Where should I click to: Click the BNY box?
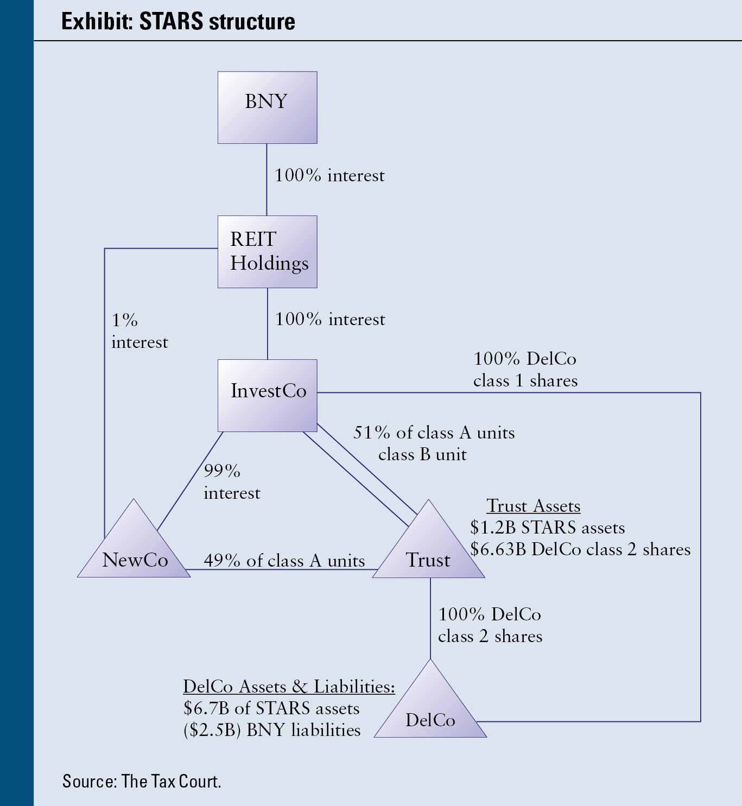click(x=267, y=107)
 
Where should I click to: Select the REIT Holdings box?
click(x=267, y=251)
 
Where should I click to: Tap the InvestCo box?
click(x=267, y=395)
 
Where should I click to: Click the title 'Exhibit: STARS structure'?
click(x=178, y=22)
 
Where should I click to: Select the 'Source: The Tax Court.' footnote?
click(x=142, y=781)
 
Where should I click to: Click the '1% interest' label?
click(x=139, y=331)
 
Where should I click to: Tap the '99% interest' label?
click(x=232, y=481)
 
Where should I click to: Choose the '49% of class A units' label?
click(x=284, y=561)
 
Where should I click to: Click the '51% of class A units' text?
click(x=434, y=433)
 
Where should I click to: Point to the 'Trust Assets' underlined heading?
click(x=534, y=506)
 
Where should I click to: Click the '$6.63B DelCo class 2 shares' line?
click(x=580, y=549)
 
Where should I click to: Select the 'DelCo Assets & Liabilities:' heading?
click(x=289, y=687)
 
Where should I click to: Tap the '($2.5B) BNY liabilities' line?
click(x=272, y=730)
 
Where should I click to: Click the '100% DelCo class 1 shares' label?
click(x=525, y=370)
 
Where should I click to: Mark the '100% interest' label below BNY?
click(x=329, y=175)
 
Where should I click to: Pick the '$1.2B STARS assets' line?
click(x=547, y=528)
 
